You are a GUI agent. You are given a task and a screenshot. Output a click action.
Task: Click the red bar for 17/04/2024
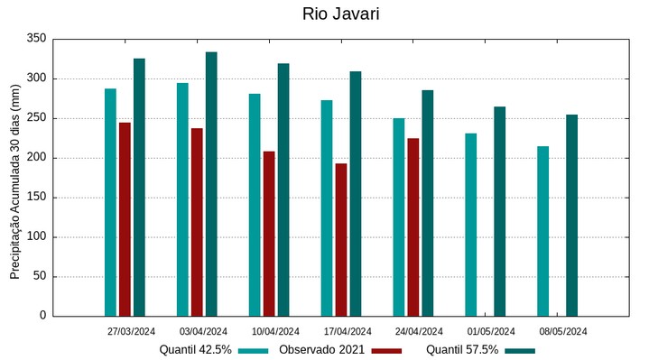[x=341, y=240]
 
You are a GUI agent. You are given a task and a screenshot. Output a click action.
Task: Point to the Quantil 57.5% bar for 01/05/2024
[x=500, y=211]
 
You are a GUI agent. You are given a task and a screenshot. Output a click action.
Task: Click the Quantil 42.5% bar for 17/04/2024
[x=327, y=208]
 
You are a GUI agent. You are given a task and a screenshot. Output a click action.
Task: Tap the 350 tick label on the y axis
[x=36, y=39]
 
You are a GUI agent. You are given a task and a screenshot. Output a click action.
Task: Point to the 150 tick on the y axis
[x=36, y=198]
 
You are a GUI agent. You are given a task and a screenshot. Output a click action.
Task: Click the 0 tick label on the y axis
[x=42, y=316]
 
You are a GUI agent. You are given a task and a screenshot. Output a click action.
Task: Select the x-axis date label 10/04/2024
[x=274, y=331]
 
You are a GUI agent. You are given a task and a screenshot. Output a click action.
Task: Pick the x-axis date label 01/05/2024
[x=492, y=331]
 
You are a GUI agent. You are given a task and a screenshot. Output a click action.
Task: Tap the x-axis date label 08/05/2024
[x=563, y=331]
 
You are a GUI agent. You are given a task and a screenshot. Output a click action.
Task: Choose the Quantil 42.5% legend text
[x=196, y=349]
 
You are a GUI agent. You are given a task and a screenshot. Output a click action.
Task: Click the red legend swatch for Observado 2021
[x=386, y=350]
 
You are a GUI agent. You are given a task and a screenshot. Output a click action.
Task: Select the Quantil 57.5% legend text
[x=462, y=349]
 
